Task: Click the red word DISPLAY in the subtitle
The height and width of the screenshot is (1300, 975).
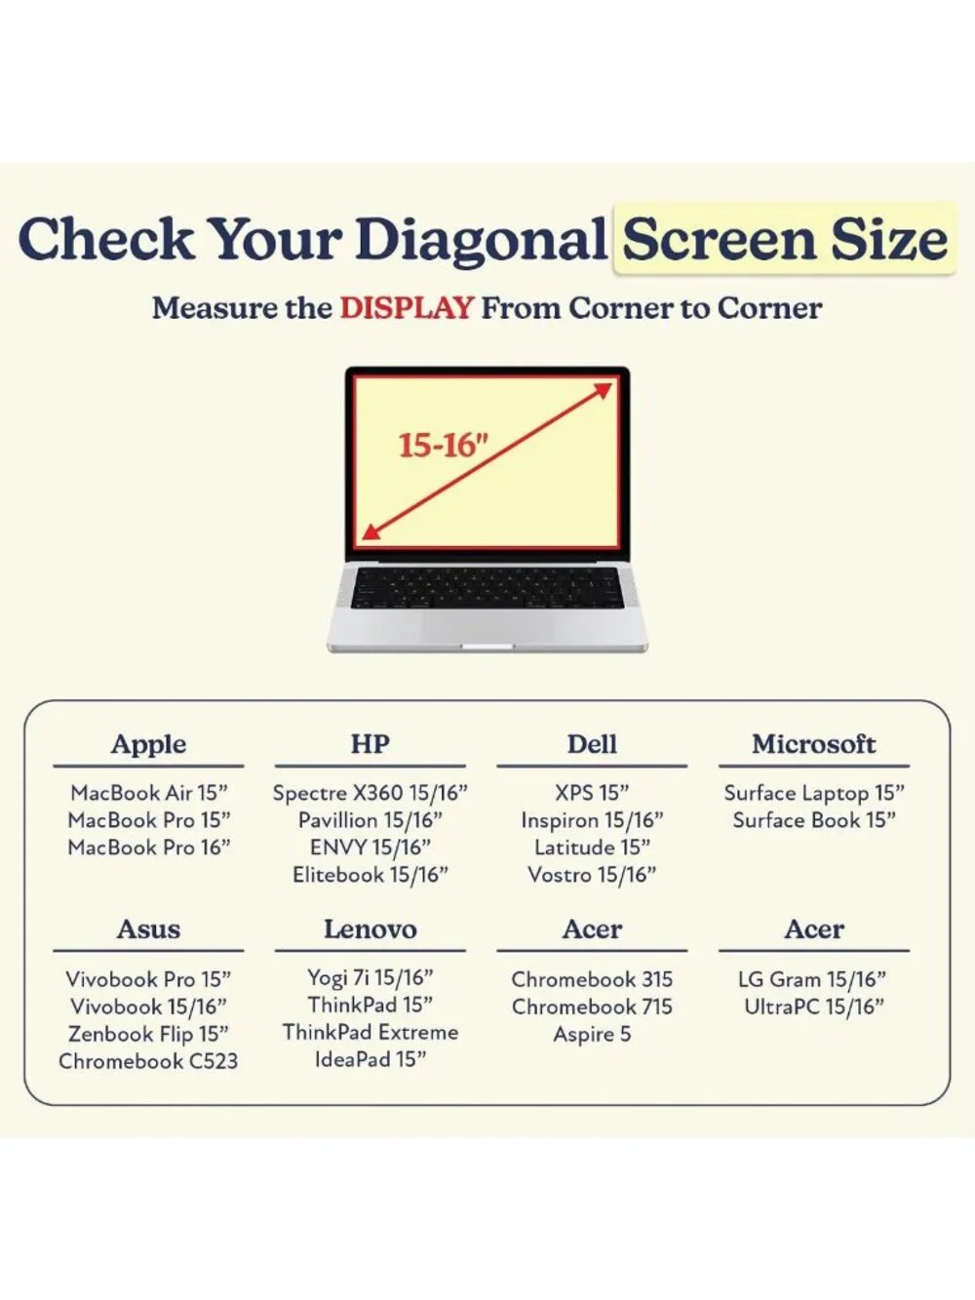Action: (x=407, y=308)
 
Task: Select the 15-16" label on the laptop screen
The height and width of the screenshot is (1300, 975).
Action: (x=444, y=446)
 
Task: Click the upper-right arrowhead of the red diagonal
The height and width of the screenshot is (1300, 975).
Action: (x=604, y=390)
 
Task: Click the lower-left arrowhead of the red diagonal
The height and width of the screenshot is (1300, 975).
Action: (x=370, y=532)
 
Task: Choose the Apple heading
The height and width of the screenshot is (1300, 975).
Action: (x=148, y=744)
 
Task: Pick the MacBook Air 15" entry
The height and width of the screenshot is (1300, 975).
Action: (x=148, y=793)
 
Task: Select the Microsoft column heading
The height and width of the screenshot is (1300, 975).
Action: (x=814, y=744)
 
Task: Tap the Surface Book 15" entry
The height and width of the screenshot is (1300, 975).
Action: (x=814, y=820)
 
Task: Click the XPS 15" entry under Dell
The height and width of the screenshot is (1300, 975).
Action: (x=592, y=793)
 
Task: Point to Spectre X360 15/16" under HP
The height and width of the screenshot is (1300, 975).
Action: (x=370, y=793)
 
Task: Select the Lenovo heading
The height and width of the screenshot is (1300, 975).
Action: (x=370, y=929)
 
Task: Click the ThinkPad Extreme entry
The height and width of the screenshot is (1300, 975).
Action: (x=370, y=1033)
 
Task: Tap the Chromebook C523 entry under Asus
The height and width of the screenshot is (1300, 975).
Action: (x=148, y=1061)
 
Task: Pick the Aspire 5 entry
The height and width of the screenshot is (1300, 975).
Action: (x=592, y=1034)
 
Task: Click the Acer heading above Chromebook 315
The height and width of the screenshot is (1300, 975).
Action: (x=592, y=929)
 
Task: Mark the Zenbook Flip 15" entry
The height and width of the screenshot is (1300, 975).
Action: (x=148, y=1034)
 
